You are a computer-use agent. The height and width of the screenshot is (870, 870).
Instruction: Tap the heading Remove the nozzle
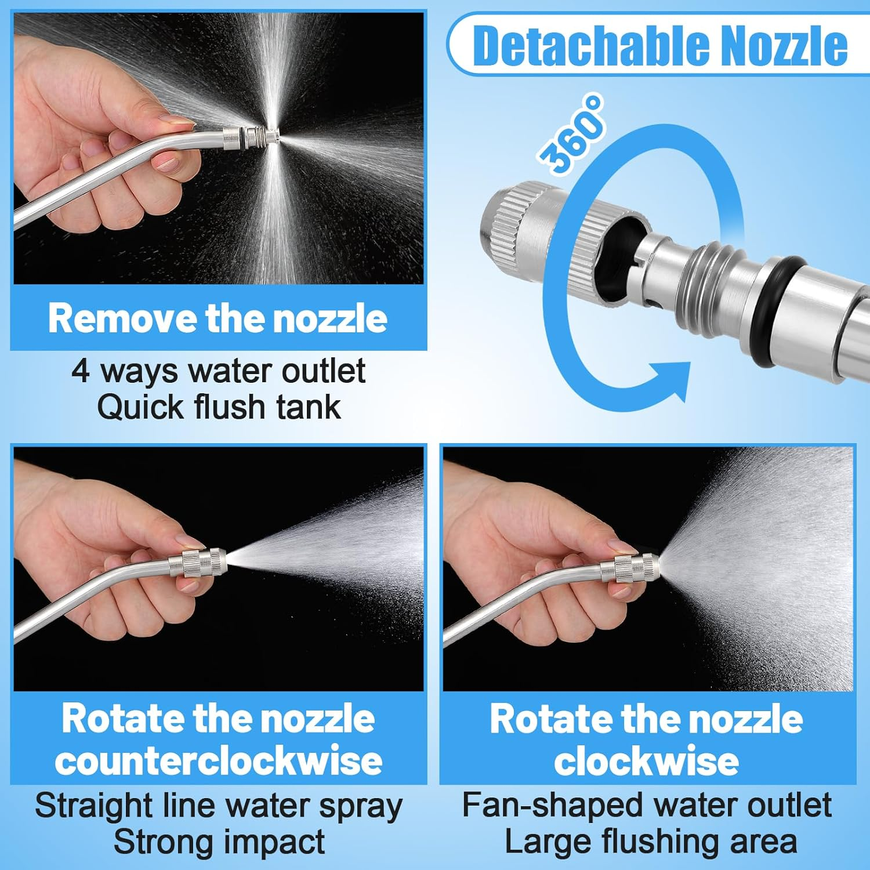217,318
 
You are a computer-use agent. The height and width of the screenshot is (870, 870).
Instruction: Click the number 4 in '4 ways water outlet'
81,371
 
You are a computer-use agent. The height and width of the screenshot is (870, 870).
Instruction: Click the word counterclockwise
219,760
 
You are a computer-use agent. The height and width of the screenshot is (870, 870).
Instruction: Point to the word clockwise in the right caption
646,760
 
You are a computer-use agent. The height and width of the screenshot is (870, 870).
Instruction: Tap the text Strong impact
219,842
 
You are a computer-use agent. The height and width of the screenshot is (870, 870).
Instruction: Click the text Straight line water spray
219,806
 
